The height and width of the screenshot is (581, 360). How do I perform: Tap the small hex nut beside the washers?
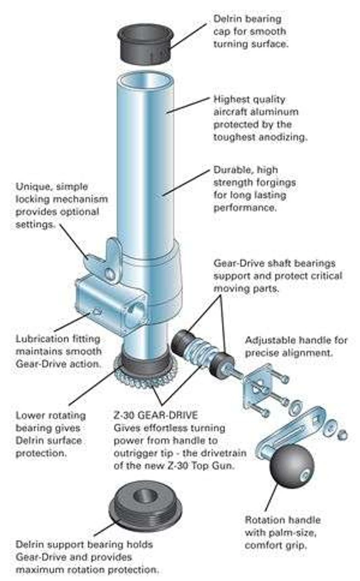pos(343,435)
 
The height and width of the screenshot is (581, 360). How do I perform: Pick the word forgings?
pos(273,182)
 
